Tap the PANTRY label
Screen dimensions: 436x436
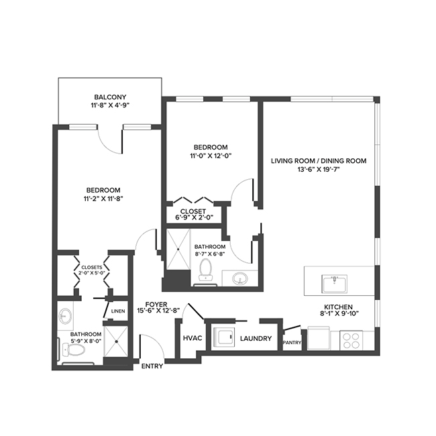coord(292,343)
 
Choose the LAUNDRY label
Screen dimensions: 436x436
coord(255,339)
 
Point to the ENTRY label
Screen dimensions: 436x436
coord(153,366)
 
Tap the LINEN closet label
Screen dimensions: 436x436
coord(119,311)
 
